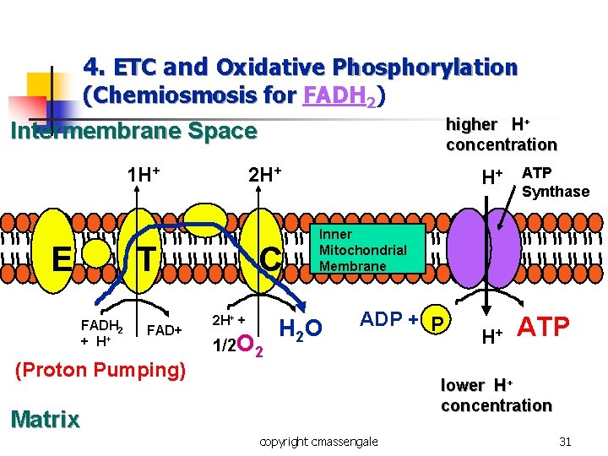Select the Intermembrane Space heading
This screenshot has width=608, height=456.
(x=133, y=131)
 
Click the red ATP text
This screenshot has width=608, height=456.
(x=543, y=326)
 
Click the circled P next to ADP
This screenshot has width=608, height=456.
(x=437, y=322)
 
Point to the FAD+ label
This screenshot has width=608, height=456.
(x=165, y=329)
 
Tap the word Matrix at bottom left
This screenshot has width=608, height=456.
(x=45, y=419)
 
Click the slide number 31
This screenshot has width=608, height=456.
(x=565, y=441)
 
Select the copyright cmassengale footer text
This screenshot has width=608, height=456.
(x=319, y=441)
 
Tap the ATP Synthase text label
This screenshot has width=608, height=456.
(x=555, y=182)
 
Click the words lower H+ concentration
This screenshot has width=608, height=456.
(x=496, y=395)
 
